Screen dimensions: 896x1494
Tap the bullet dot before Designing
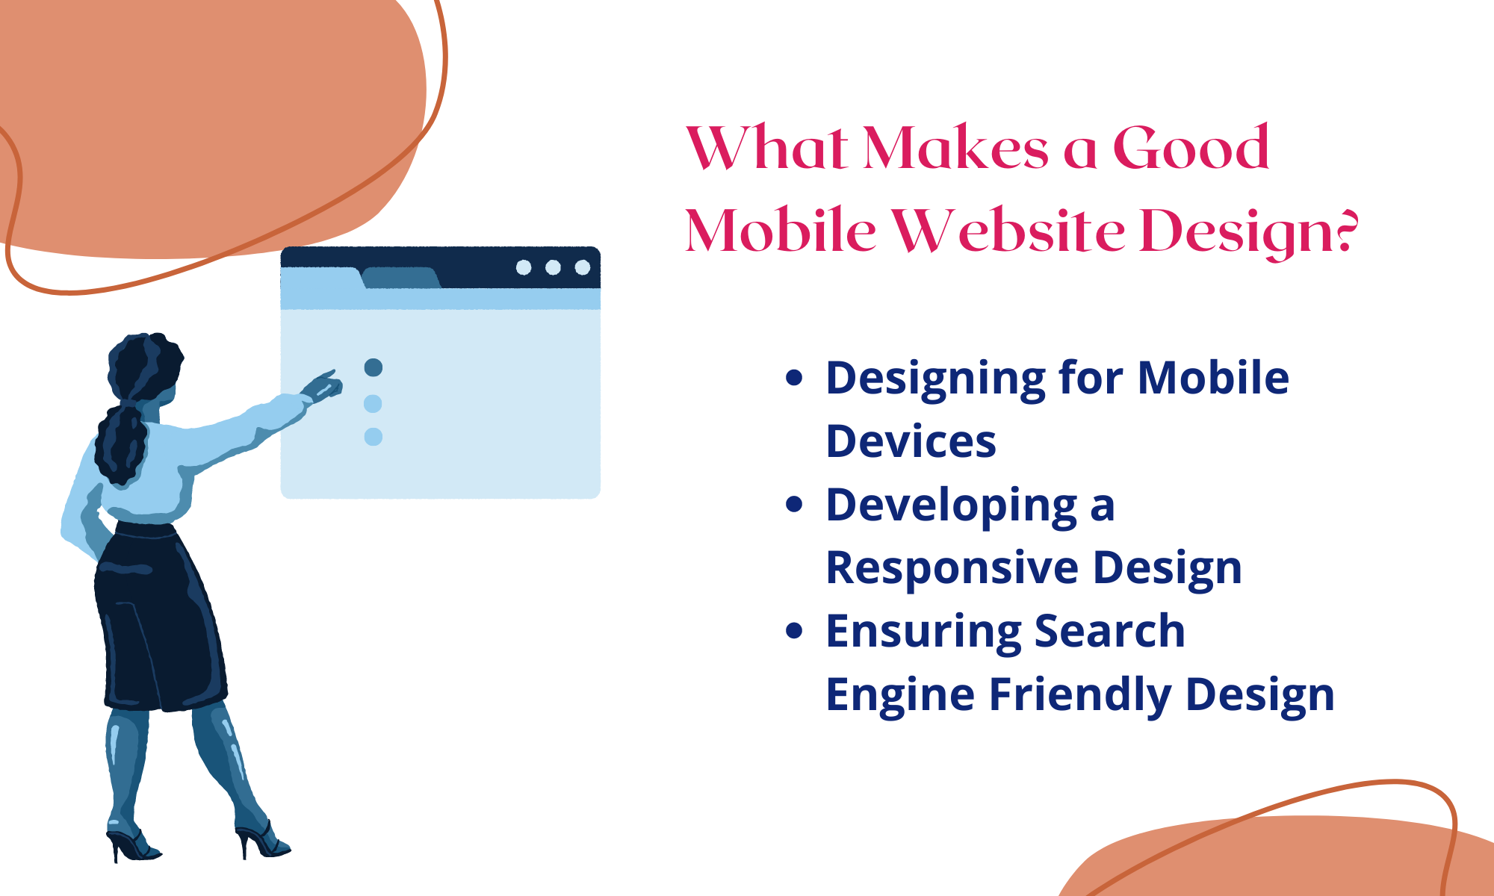pyautogui.click(x=794, y=378)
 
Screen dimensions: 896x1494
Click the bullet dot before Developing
pyautogui.click(x=794, y=505)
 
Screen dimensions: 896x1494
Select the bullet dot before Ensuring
pyautogui.click(x=794, y=631)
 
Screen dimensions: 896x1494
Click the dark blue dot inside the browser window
pyautogui.click(x=373, y=367)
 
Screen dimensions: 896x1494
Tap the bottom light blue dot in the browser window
pyautogui.click(x=373, y=437)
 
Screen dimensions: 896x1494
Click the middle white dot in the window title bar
pyautogui.click(x=553, y=267)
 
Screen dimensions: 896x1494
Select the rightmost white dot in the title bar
pyautogui.click(x=583, y=267)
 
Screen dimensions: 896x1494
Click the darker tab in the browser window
pyautogui.click(x=400, y=278)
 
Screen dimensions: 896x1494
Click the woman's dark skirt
pyautogui.click(x=161, y=620)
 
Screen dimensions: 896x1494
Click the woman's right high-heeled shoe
pyautogui.click(x=263, y=841)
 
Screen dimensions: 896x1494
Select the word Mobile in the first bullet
pyautogui.click(x=1212, y=378)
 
